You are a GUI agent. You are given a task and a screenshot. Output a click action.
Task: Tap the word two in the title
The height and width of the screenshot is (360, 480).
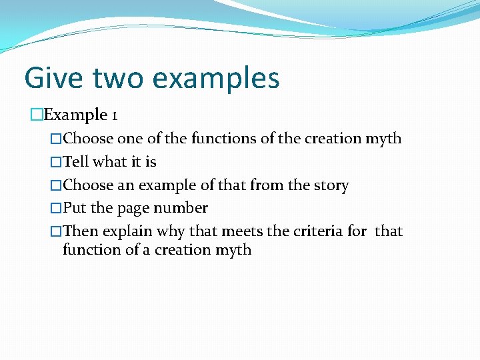(117, 79)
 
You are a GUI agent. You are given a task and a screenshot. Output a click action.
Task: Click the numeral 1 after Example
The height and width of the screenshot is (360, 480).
(115, 115)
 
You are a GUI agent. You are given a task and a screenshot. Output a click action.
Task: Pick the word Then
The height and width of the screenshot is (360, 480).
(81, 231)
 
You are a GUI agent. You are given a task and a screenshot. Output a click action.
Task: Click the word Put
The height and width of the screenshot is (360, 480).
(75, 208)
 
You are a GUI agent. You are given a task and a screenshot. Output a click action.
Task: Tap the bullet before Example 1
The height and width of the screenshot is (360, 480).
(36, 115)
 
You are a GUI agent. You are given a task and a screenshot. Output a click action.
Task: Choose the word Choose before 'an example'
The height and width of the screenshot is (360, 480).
(88, 185)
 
